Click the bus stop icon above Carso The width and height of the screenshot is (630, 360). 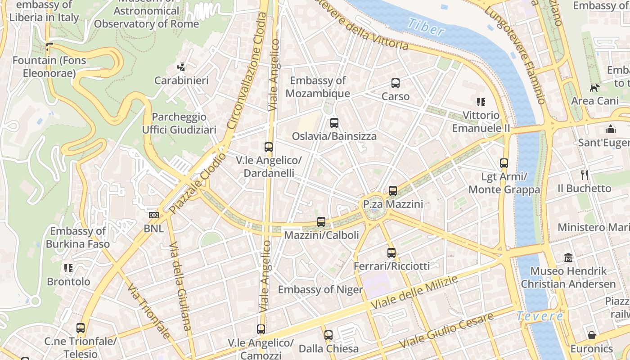(396, 83)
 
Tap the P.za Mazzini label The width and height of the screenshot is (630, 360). (393, 204)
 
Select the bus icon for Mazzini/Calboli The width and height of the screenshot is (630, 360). (321, 222)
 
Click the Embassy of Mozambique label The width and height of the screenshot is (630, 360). (318, 87)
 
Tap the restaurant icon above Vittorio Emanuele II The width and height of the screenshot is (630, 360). (481, 102)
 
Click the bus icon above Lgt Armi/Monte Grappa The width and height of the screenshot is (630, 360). (504, 163)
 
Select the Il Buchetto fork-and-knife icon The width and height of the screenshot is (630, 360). (585, 175)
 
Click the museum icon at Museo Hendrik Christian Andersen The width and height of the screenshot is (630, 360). (569, 258)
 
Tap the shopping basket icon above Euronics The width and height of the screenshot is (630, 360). (592, 335)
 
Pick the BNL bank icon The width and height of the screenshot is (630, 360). (154, 215)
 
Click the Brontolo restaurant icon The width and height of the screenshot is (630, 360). (68, 269)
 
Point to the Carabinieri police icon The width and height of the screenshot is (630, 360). (181, 67)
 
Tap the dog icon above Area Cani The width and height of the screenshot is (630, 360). (595, 88)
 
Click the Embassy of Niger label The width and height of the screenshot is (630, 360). (320, 289)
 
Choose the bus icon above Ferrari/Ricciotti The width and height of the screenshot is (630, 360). (391, 253)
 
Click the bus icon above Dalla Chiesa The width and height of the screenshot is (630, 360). (328, 335)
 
